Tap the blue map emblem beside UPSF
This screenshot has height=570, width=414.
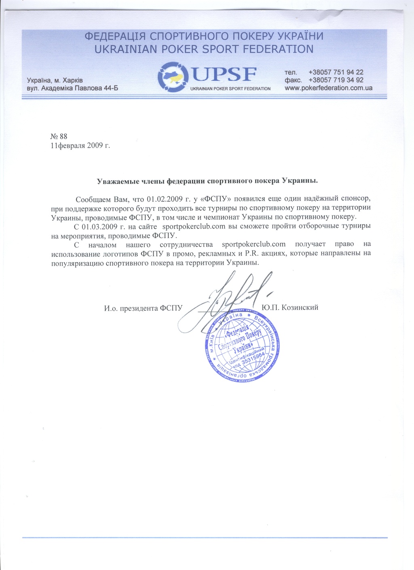click(173, 76)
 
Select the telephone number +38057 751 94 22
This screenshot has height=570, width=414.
click(336, 72)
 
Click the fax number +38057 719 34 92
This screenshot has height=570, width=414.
click(336, 80)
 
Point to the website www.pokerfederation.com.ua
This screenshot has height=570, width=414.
click(328, 88)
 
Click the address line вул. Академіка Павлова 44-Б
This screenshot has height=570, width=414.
click(72, 88)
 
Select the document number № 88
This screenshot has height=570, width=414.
click(59, 136)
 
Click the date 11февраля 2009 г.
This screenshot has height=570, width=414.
click(80, 145)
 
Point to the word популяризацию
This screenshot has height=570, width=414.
click(77, 263)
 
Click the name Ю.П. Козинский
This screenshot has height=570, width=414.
click(290, 307)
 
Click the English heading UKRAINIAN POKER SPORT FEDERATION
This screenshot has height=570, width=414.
click(204, 49)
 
